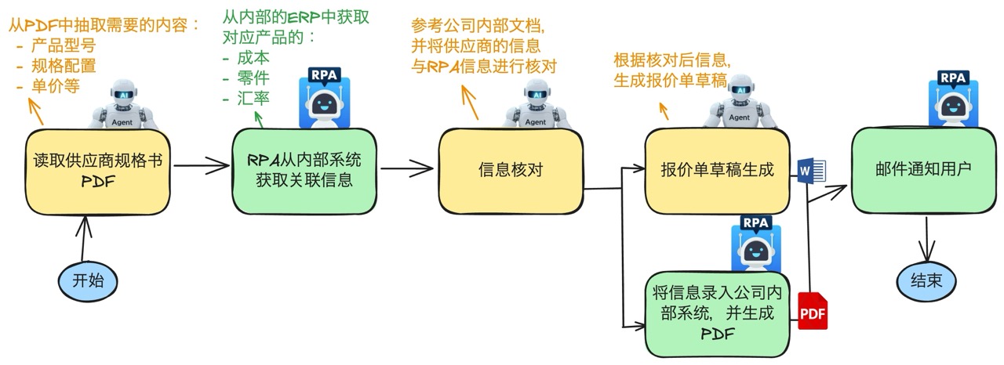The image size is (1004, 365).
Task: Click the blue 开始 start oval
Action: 88,280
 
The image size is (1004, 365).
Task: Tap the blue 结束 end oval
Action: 927,280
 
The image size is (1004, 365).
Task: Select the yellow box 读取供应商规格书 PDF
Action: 99,171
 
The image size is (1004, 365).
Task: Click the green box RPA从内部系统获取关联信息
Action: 304,169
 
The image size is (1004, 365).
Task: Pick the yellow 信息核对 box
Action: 511,170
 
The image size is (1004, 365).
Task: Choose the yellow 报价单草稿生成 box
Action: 717,170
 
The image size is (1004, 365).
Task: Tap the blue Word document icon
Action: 807,171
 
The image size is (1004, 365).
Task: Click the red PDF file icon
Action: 813,312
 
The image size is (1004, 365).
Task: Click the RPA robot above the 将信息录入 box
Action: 755,243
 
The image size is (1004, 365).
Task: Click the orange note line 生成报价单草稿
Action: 670,79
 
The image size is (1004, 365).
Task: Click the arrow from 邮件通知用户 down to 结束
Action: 928,240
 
